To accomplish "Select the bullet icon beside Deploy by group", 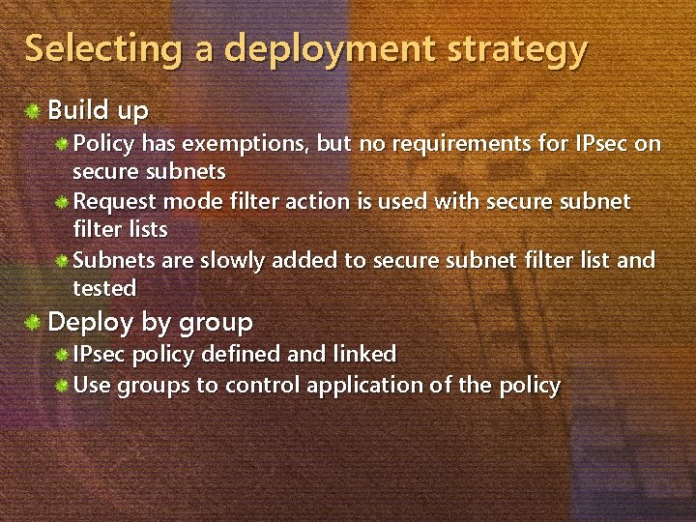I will pos(34,321).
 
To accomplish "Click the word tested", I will pos(104,288).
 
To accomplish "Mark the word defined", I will pos(243,355).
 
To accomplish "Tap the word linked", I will pos(364,355).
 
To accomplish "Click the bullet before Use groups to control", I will pos(61,385).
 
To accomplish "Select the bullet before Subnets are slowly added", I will pos(61,260).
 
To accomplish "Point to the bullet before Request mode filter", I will pos(61,202).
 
